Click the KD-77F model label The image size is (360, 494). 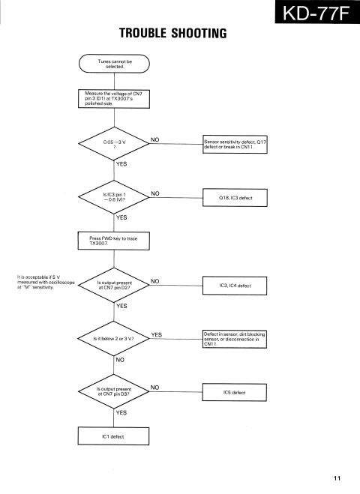(x=317, y=12)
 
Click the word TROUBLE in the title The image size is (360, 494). (x=142, y=33)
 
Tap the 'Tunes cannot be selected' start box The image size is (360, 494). (x=114, y=64)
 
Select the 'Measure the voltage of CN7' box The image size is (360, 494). (x=114, y=99)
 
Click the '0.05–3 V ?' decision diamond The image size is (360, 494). (x=114, y=144)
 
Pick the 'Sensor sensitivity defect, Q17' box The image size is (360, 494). (x=235, y=144)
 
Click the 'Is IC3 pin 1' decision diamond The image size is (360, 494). (x=114, y=197)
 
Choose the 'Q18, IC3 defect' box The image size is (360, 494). (x=235, y=198)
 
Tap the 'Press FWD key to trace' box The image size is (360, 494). (x=113, y=241)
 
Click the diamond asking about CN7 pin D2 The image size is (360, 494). (x=114, y=285)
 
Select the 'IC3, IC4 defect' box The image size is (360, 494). (x=235, y=286)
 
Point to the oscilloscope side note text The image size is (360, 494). (x=46, y=282)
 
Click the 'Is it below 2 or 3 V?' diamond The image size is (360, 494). (x=113, y=339)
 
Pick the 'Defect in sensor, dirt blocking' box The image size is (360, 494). (x=235, y=339)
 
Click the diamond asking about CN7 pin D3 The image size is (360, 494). (x=113, y=391)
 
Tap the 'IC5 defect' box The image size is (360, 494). (x=234, y=392)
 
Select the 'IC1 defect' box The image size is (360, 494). (x=113, y=436)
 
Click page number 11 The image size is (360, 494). (x=337, y=478)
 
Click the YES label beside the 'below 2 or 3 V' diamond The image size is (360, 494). (x=156, y=334)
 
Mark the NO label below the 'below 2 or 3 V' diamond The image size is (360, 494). (x=120, y=360)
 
